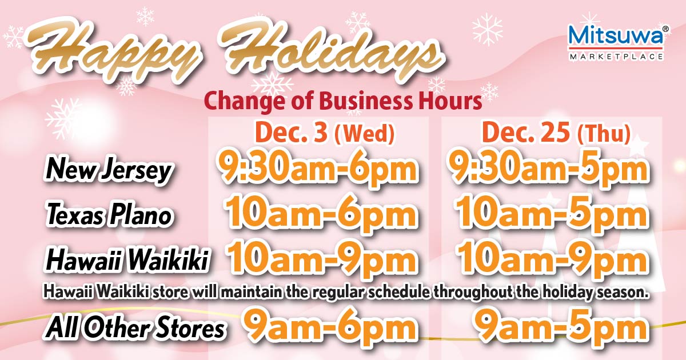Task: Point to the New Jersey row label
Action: click(x=108, y=170)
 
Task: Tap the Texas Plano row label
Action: click(x=109, y=215)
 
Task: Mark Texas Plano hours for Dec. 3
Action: click(x=320, y=215)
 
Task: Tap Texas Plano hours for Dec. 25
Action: click(x=552, y=215)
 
